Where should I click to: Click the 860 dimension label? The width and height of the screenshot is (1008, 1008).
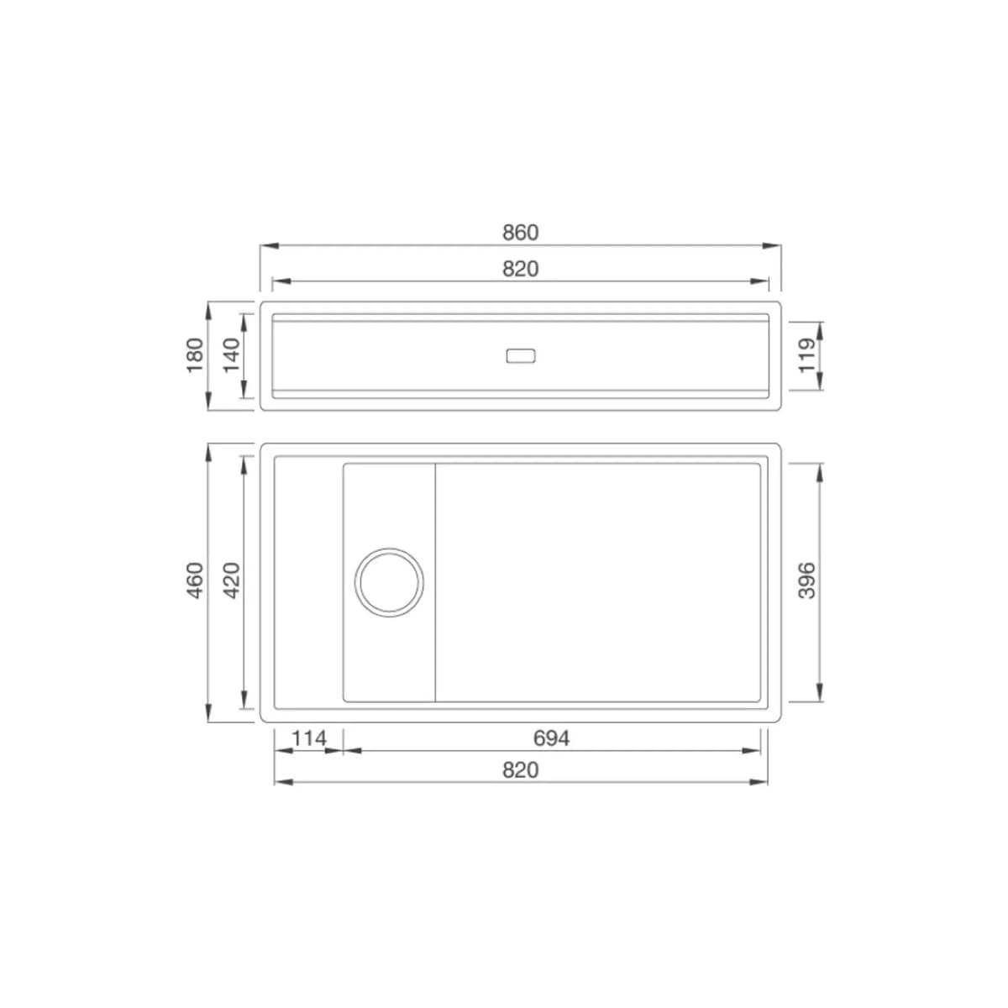(x=520, y=233)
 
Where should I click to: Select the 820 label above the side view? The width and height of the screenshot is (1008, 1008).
(x=520, y=269)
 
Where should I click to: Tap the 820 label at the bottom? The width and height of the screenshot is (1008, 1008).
(x=520, y=770)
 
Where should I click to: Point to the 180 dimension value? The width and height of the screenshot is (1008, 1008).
(x=195, y=355)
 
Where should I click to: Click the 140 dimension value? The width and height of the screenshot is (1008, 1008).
(x=231, y=355)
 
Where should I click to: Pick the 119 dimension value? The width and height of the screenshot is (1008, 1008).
(x=807, y=355)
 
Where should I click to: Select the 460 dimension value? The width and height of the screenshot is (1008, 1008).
(x=195, y=580)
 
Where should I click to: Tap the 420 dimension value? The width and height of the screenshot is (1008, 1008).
(x=231, y=580)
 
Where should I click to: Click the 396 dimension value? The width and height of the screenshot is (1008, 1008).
(x=807, y=580)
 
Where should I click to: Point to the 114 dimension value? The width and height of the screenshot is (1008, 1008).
(x=309, y=738)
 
